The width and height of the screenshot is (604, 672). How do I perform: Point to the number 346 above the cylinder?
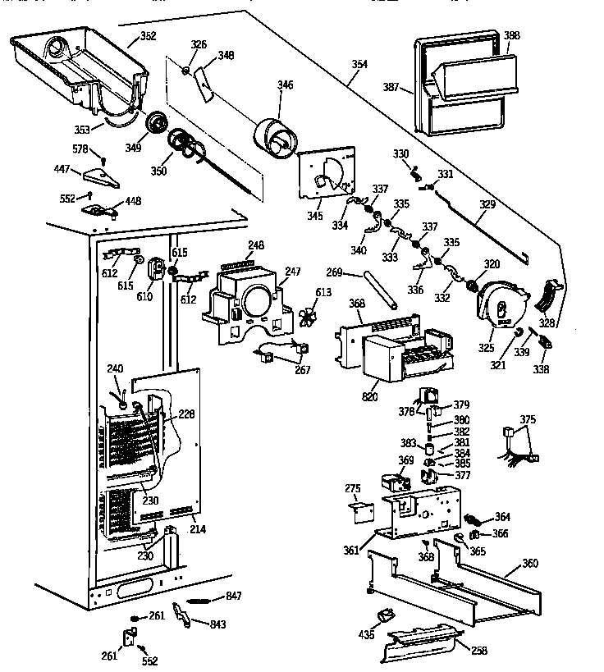pos(285,85)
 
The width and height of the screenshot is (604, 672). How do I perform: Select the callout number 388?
pos(512,35)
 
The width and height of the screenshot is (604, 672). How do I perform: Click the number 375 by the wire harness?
pos(528,419)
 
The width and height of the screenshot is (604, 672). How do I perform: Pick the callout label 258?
pos(479,651)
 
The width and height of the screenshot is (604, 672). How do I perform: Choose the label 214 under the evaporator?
pos(198,529)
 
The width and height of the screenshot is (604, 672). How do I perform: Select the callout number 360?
pos(531,564)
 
